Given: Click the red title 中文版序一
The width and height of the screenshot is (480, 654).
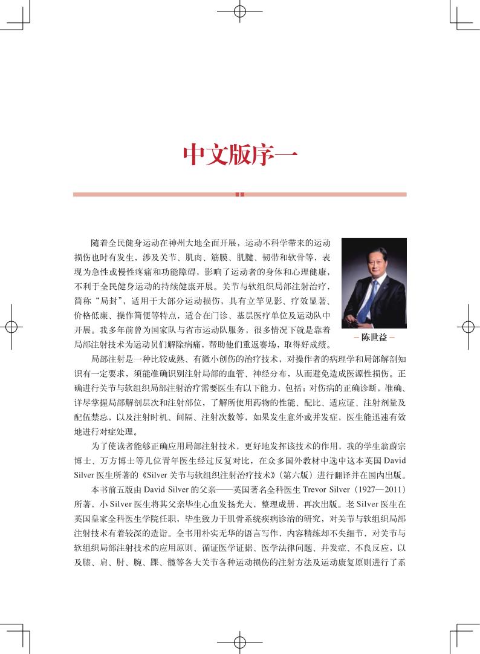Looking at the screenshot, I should coord(239,156).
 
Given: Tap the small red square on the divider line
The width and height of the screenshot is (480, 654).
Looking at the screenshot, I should coord(239,194).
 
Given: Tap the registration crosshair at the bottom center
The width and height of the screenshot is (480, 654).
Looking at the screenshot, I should coord(240,643).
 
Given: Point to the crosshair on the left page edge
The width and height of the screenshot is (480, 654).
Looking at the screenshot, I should coord(11,327).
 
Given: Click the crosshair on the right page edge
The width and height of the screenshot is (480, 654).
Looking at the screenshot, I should coord(469,327).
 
